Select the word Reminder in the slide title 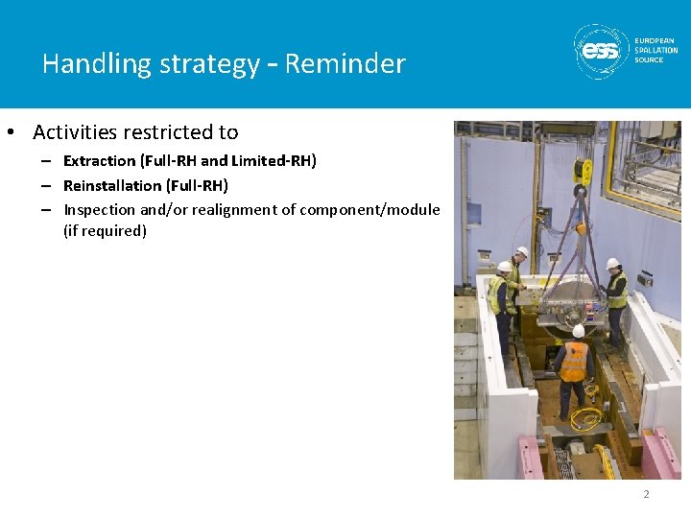point(345,64)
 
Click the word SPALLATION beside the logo point(655,50)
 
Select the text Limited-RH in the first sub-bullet point(272,161)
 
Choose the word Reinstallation point(112,185)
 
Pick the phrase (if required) point(105,231)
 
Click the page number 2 point(646,494)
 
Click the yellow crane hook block point(582,172)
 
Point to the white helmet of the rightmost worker point(612,263)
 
